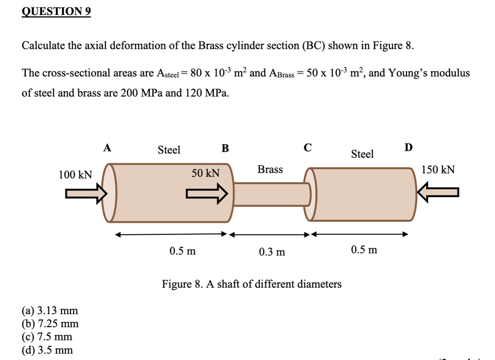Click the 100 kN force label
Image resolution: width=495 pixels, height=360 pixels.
pos(75,174)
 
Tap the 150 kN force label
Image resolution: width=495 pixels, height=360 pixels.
pos(438,170)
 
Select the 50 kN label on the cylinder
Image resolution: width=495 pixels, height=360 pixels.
pos(205,173)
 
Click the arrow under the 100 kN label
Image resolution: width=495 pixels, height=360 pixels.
pos(87,193)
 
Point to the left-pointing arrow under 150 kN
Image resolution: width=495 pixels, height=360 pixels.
pos(438,193)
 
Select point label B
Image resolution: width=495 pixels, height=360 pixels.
pos(225,148)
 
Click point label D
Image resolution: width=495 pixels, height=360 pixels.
pos(408,147)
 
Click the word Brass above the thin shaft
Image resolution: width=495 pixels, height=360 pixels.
pos(270,169)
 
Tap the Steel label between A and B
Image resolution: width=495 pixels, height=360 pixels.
pos(169,150)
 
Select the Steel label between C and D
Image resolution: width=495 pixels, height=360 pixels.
pos(362,154)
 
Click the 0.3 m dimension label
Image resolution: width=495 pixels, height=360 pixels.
pos(272,252)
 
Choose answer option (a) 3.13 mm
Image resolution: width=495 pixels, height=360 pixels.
pos(50,311)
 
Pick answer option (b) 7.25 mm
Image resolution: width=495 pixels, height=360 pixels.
pos(50,324)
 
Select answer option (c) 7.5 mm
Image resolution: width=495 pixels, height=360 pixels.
pos(47,337)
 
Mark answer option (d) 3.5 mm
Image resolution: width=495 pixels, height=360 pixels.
pos(47,350)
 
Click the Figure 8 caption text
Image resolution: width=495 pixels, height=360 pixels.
pos(251,284)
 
